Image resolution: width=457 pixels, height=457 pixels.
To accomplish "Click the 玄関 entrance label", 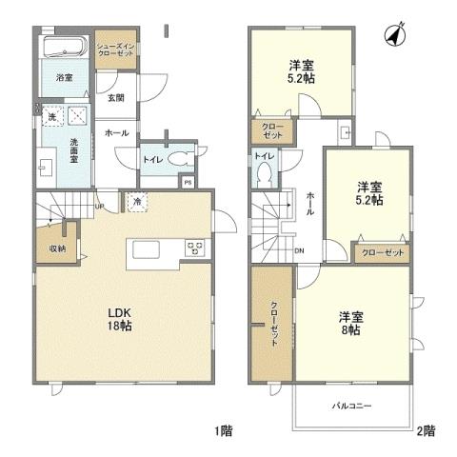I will (115, 98).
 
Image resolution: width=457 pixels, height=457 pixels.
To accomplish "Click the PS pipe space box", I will (189, 181).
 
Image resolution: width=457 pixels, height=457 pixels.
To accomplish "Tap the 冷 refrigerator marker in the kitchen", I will (139, 202).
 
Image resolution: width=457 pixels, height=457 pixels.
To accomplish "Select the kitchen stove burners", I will (193, 249).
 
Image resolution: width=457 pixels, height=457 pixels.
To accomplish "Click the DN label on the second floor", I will (300, 251).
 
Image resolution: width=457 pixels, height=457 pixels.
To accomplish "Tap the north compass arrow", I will (391, 36).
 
